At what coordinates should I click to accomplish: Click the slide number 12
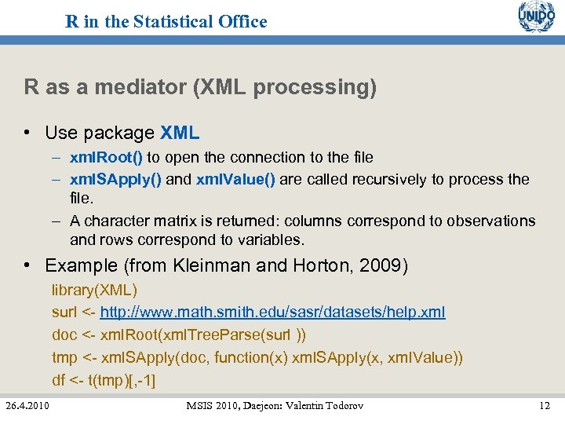click(x=545, y=405)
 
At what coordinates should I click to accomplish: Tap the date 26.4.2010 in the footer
click(x=27, y=405)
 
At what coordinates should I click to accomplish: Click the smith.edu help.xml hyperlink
click(x=272, y=313)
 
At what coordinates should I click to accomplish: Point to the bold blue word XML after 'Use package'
click(x=180, y=133)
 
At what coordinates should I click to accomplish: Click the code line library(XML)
click(x=94, y=290)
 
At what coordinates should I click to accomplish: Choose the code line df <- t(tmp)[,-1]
click(x=104, y=381)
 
